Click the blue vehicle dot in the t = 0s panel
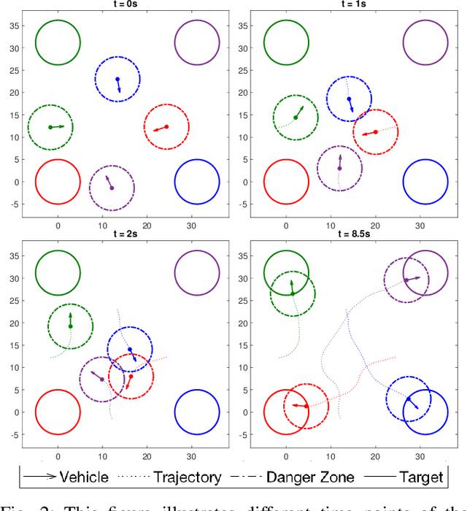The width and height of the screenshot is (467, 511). coord(117,79)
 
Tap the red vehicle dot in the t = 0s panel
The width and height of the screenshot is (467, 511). coord(166,127)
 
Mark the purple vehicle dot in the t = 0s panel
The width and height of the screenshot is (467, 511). coord(112,188)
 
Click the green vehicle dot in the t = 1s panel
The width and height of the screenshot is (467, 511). coord(296,118)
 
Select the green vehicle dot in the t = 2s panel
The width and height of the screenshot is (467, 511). coord(70,326)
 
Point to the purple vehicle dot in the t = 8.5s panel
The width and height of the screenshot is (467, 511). coord(406,280)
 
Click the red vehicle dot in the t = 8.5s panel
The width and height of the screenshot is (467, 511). coord(306,405)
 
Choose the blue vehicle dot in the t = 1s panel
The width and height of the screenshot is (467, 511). coord(349,99)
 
